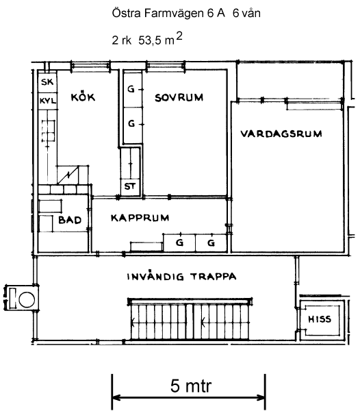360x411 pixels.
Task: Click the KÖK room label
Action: point(83,97)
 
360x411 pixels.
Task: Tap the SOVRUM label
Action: point(179,97)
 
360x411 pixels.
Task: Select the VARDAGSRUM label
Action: point(281,134)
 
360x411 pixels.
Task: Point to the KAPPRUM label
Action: point(140,218)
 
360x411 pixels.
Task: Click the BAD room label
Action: point(70,220)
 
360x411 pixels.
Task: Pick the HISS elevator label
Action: point(320,319)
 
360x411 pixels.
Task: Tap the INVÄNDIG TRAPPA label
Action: point(181,277)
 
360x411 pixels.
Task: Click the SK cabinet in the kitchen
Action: point(47,82)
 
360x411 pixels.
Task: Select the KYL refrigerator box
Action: point(48,101)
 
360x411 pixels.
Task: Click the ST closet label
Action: point(130,186)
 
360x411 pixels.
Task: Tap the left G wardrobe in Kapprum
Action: point(179,242)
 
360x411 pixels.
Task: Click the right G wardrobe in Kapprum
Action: point(211,242)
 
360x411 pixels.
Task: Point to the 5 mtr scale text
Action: point(190,386)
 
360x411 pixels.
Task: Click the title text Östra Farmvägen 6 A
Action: point(168,13)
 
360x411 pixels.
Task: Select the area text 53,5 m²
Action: point(160,39)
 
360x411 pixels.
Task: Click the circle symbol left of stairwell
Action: point(27,299)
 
